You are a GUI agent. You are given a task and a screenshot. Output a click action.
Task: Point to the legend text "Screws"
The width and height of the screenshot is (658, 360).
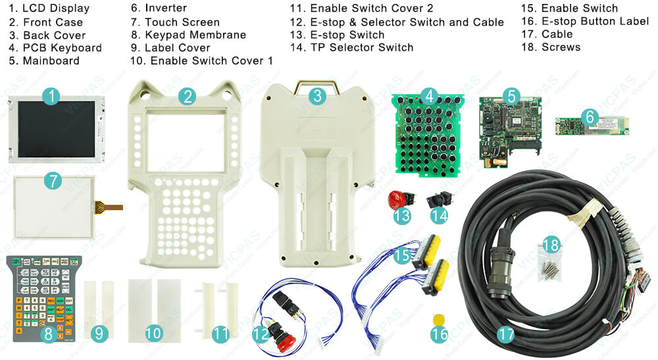coord(561,47)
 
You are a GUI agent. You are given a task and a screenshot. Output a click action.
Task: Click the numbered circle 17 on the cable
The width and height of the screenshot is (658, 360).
coord(505,334)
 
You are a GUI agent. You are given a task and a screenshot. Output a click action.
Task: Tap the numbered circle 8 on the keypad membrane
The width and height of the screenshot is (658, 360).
coord(47,334)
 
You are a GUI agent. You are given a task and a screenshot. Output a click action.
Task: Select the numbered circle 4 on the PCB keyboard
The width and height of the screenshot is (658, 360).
coord(429,96)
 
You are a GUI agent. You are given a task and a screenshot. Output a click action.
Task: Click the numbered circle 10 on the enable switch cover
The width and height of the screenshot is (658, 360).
coord(153,334)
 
